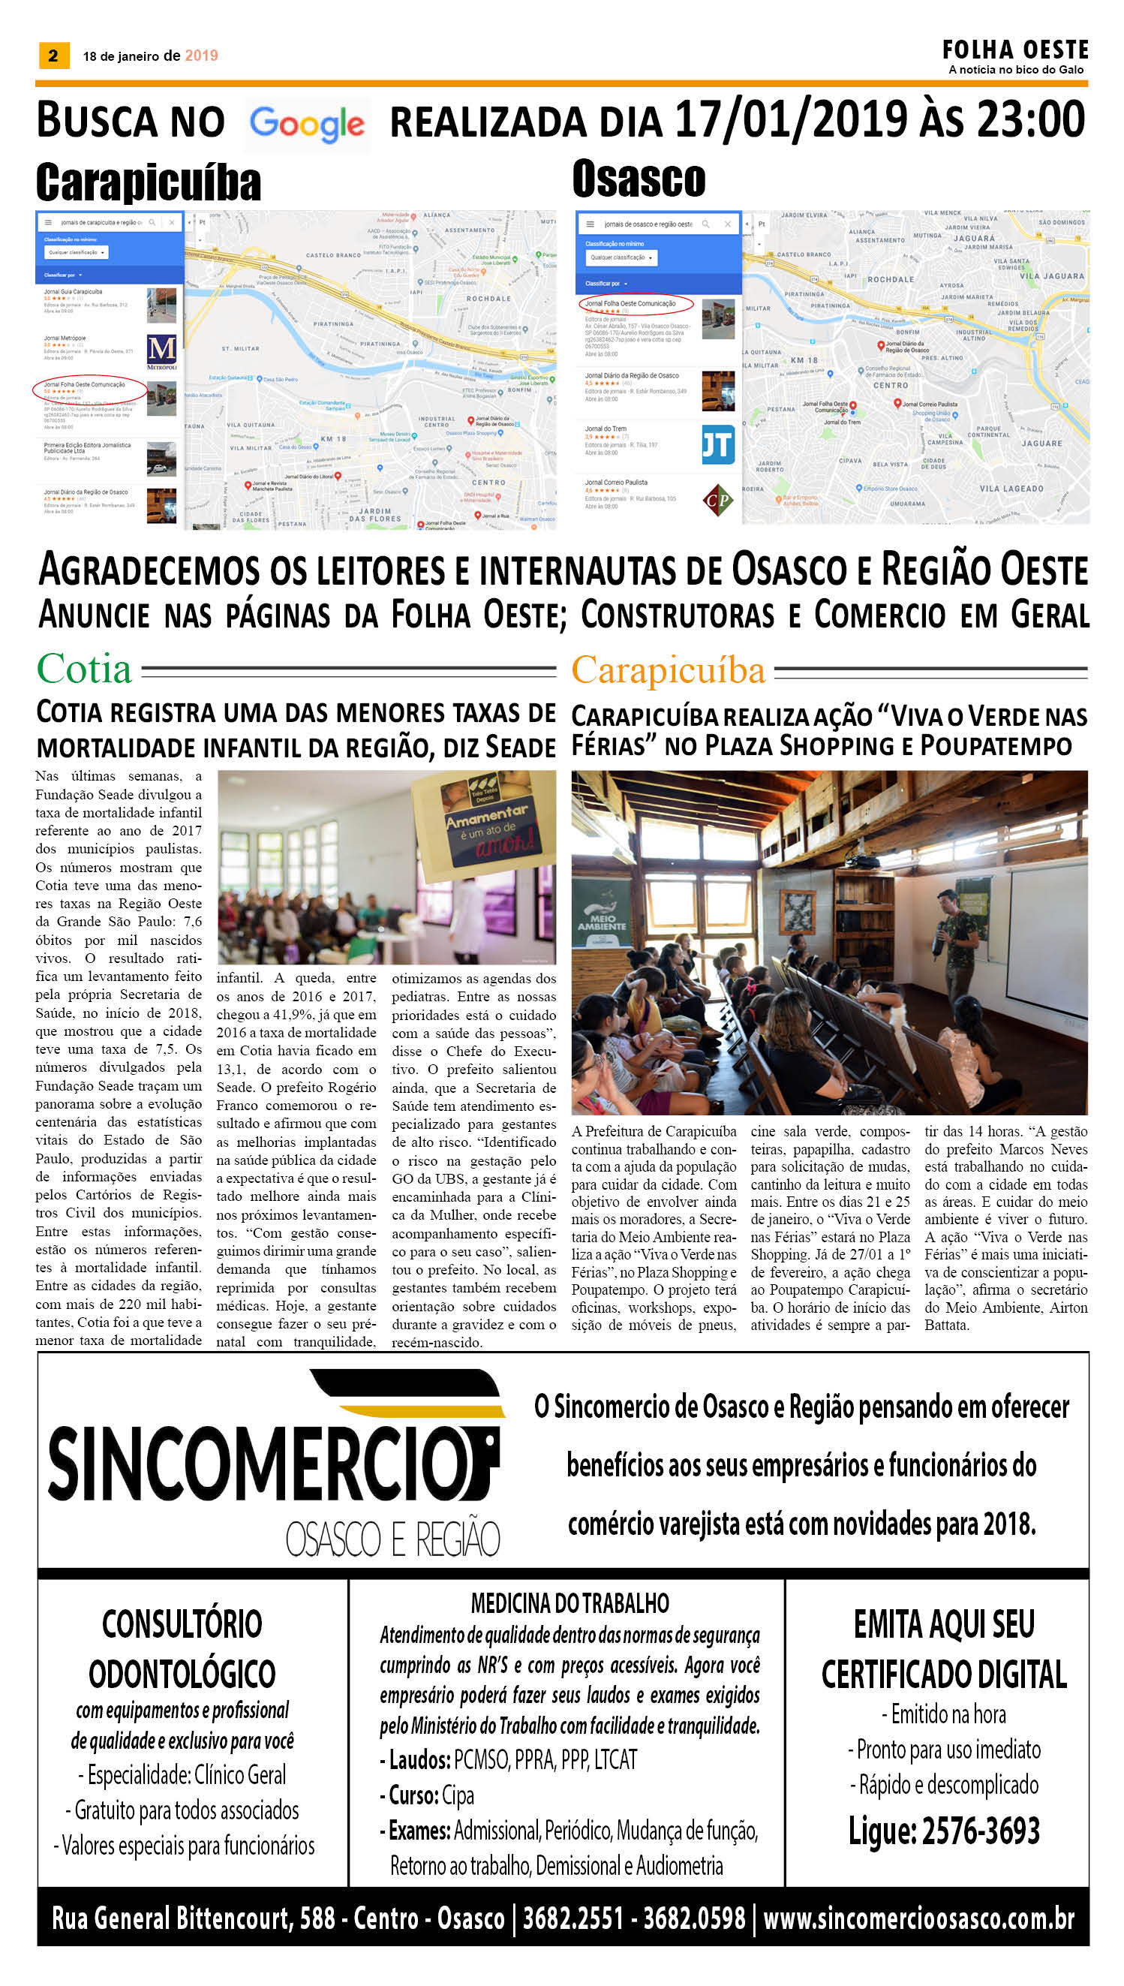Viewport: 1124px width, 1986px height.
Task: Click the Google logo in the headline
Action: pyautogui.click(x=306, y=125)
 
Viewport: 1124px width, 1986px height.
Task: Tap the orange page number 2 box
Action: pyautogui.click(x=53, y=55)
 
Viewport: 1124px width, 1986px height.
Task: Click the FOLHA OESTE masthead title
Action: pyautogui.click(x=1014, y=50)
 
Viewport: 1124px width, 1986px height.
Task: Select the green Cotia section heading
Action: pyautogui.click(x=84, y=669)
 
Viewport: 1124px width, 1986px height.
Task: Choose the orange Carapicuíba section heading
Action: pyautogui.click(x=668, y=670)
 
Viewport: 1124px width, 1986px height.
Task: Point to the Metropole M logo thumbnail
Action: pyautogui.click(x=161, y=351)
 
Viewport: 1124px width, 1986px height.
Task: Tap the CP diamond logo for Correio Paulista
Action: pyautogui.click(x=717, y=499)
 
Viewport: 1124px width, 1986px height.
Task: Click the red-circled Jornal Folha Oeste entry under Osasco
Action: pyautogui.click(x=636, y=303)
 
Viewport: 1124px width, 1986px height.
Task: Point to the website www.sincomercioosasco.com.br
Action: pyautogui.click(x=918, y=1918)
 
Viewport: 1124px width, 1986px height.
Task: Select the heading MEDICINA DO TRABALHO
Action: pyautogui.click(x=570, y=1604)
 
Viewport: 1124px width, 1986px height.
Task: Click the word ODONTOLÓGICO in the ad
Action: pyautogui.click(x=182, y=1674)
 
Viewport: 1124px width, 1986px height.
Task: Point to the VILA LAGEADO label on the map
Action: pyautogui.click(x=1011, y=489)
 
